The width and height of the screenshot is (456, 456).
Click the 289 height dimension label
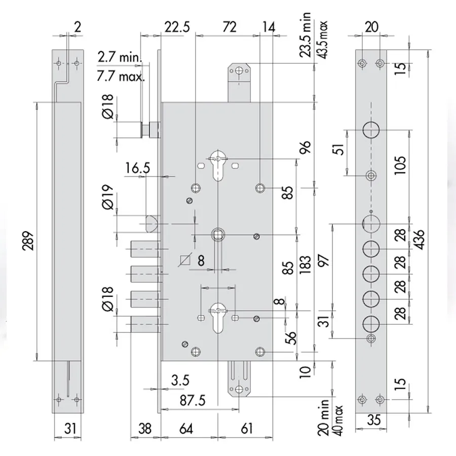pos(29,241)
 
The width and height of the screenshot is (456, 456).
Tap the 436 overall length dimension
pos(419,240)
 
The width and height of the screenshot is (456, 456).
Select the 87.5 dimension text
pos(193,400)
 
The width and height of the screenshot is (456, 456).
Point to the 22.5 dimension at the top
pos(177,27)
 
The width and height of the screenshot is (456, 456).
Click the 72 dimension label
pos(229,27)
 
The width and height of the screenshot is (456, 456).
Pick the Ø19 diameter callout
pos(108,197)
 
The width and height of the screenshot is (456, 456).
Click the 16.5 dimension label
pos(137,168)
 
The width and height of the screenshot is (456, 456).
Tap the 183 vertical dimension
pos(305,264)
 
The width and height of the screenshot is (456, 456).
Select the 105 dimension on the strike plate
pos(400,165)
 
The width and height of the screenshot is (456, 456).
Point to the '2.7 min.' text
pos(120,57)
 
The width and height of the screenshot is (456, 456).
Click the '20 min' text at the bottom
pos(323,417)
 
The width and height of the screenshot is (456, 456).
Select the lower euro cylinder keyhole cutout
pos(218,318)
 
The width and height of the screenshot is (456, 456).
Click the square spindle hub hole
pos(218,235)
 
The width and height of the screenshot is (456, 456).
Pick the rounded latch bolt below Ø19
pos(152,223)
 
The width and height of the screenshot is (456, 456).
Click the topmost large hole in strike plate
pos(371,130)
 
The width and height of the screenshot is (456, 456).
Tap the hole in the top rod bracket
pos(239,70)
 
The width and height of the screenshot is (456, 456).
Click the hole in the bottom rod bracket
pos(239,390)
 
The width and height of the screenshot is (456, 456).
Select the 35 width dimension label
pos(373,420)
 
